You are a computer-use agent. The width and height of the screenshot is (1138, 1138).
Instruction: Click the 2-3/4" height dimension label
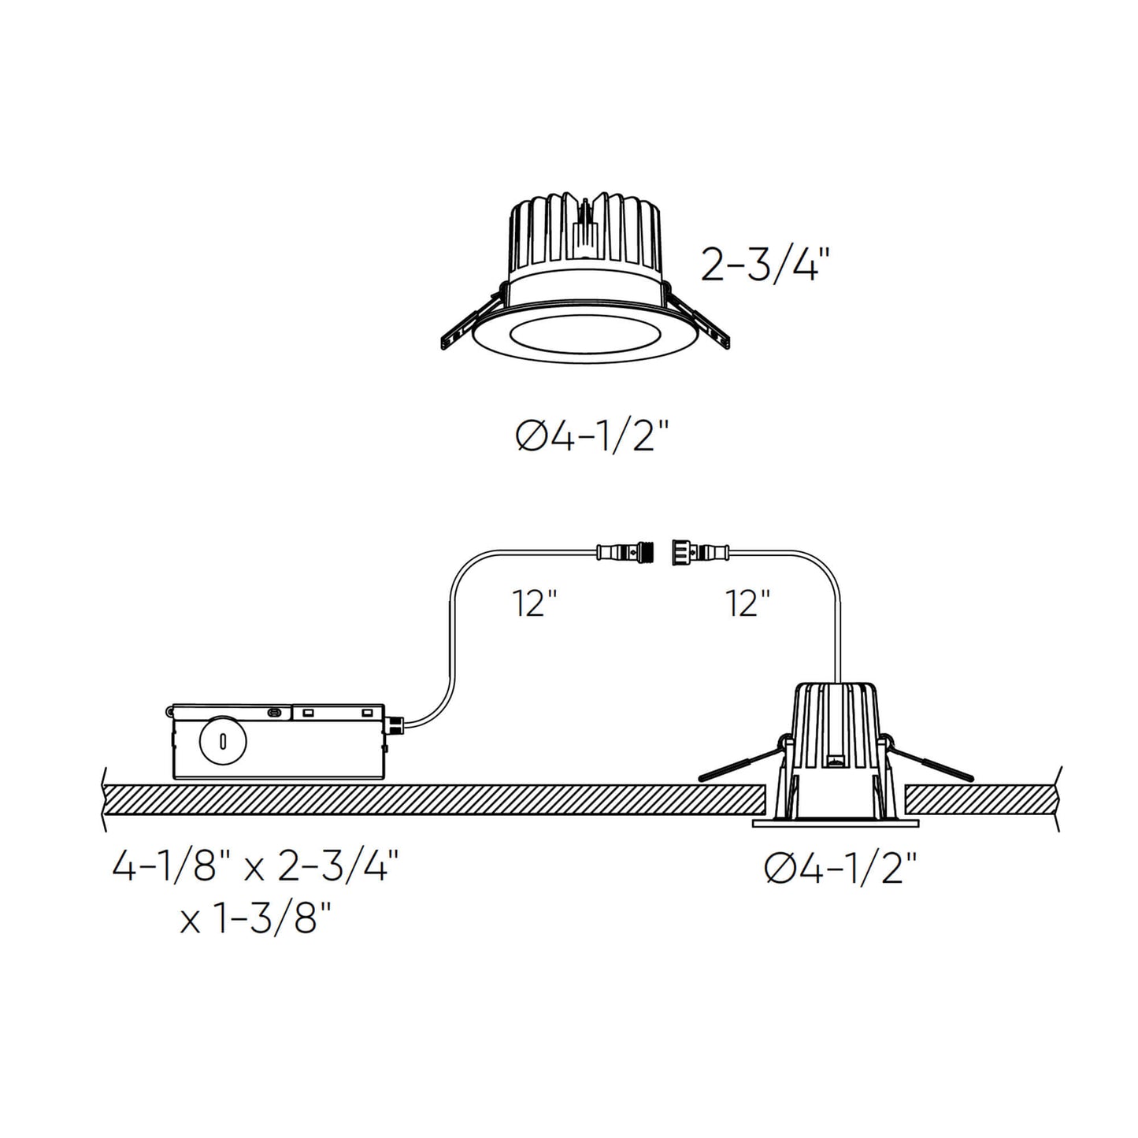(765, 266)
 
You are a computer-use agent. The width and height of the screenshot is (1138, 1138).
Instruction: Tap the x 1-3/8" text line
(255, 918)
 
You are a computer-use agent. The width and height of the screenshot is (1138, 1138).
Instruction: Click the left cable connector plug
(627, 550)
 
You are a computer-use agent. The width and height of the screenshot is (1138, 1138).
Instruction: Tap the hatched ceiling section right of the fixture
(981, 800)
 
